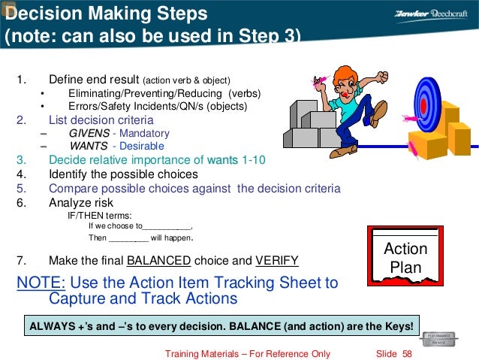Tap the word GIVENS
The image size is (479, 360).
89,133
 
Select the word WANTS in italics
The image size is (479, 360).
89,146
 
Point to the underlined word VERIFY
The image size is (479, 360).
276,261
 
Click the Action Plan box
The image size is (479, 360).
405,256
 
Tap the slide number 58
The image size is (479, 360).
407,353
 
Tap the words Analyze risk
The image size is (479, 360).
80,201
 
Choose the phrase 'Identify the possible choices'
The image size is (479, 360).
123,174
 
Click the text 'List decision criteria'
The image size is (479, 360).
101,119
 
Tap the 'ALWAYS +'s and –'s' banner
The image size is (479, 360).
221,327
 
